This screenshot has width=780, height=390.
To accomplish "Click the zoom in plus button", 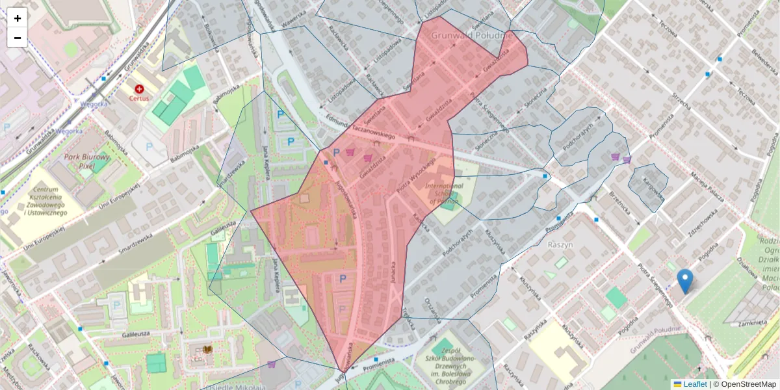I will pos(18,18).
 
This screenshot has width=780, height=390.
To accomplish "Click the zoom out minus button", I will pos(18,38).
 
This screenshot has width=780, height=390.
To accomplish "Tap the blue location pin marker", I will pos(684,281).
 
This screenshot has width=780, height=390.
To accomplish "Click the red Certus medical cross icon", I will pos(138,88).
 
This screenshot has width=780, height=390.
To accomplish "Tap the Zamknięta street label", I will pos(753,322).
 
